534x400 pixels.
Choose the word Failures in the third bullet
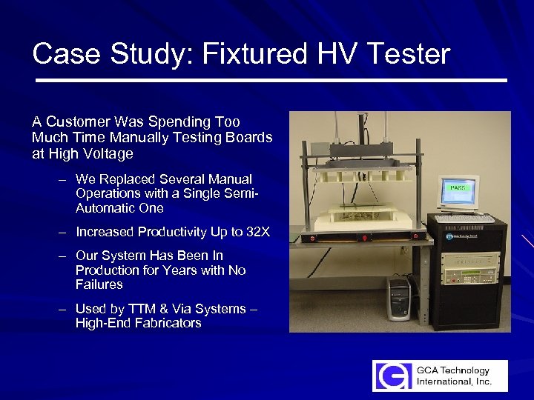pyautogui.click(x=99, y=284)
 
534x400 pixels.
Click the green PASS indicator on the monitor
pyautogui.click(x=458, y=188)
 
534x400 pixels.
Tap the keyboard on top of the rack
pyautogui.click(x=463, y=218)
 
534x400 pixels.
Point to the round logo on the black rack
pyautogui.click(x=449, y=236)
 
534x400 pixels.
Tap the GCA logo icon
pyautogui.click(x=390, y=376)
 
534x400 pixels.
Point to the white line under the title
pyautogui.click(x=271, y=79)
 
